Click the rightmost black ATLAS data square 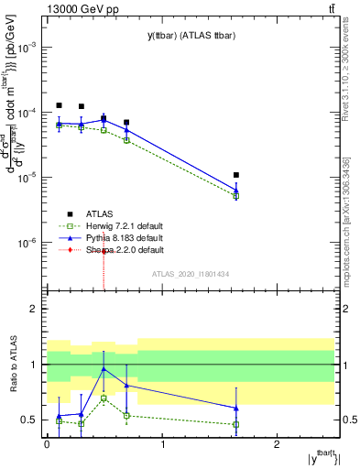[x=236, y=175]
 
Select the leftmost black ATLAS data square [x=59, y=105]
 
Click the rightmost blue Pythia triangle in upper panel [x=236, y=191]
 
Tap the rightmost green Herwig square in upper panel [x=236, y=196]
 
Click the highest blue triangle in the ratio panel [x=104, y=368]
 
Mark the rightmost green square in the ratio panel [x=236, y=424]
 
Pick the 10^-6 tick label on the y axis [x=29, y=243]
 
